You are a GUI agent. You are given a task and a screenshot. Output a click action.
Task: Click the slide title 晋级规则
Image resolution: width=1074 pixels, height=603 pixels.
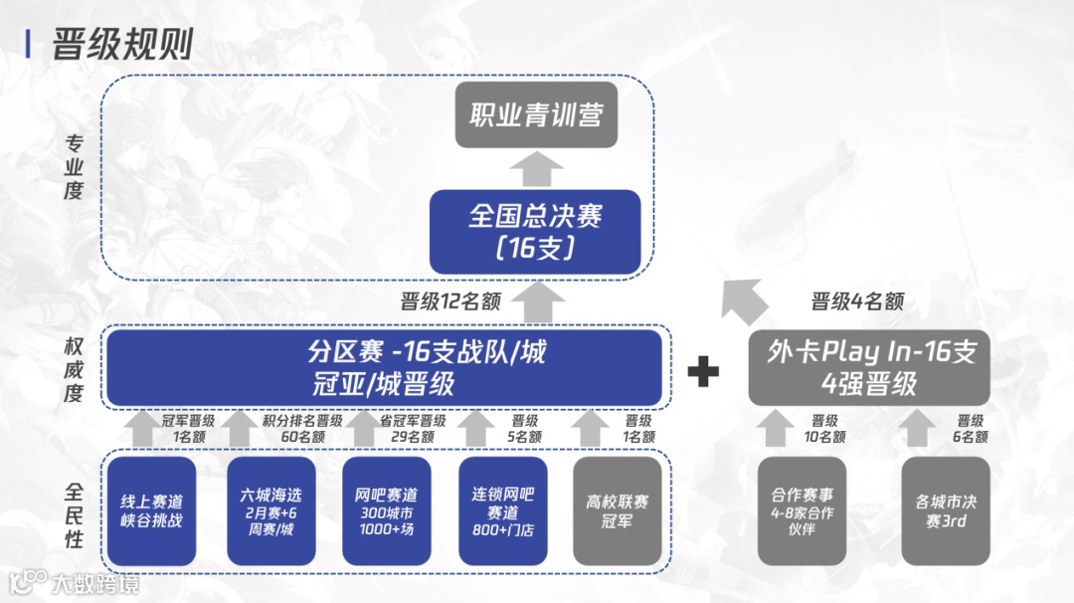121,45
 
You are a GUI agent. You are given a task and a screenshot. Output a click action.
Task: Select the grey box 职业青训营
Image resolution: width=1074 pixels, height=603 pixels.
536,115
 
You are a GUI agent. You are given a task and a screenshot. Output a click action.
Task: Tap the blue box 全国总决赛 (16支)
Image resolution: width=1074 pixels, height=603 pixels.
535,231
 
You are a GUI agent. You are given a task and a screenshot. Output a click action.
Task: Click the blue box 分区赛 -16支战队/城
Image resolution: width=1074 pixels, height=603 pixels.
384,367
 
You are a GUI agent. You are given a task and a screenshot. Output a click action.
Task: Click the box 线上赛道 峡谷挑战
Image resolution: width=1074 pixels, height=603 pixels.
152,510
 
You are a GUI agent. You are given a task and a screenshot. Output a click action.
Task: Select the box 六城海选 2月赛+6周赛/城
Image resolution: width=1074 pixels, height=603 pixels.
269,510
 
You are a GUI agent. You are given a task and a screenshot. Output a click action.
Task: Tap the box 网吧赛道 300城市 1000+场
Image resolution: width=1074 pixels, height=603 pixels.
386,510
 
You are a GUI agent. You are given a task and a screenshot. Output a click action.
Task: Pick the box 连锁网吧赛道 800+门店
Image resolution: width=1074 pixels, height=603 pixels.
502,510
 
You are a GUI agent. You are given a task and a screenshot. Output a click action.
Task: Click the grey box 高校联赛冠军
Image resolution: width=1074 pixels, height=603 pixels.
617,510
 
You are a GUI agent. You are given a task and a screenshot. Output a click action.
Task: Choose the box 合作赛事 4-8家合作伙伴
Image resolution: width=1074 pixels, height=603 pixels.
802,510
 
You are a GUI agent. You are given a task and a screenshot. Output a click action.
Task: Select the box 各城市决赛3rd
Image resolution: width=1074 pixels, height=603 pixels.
946,510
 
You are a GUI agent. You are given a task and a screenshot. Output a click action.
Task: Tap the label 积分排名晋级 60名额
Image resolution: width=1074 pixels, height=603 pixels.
302,429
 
